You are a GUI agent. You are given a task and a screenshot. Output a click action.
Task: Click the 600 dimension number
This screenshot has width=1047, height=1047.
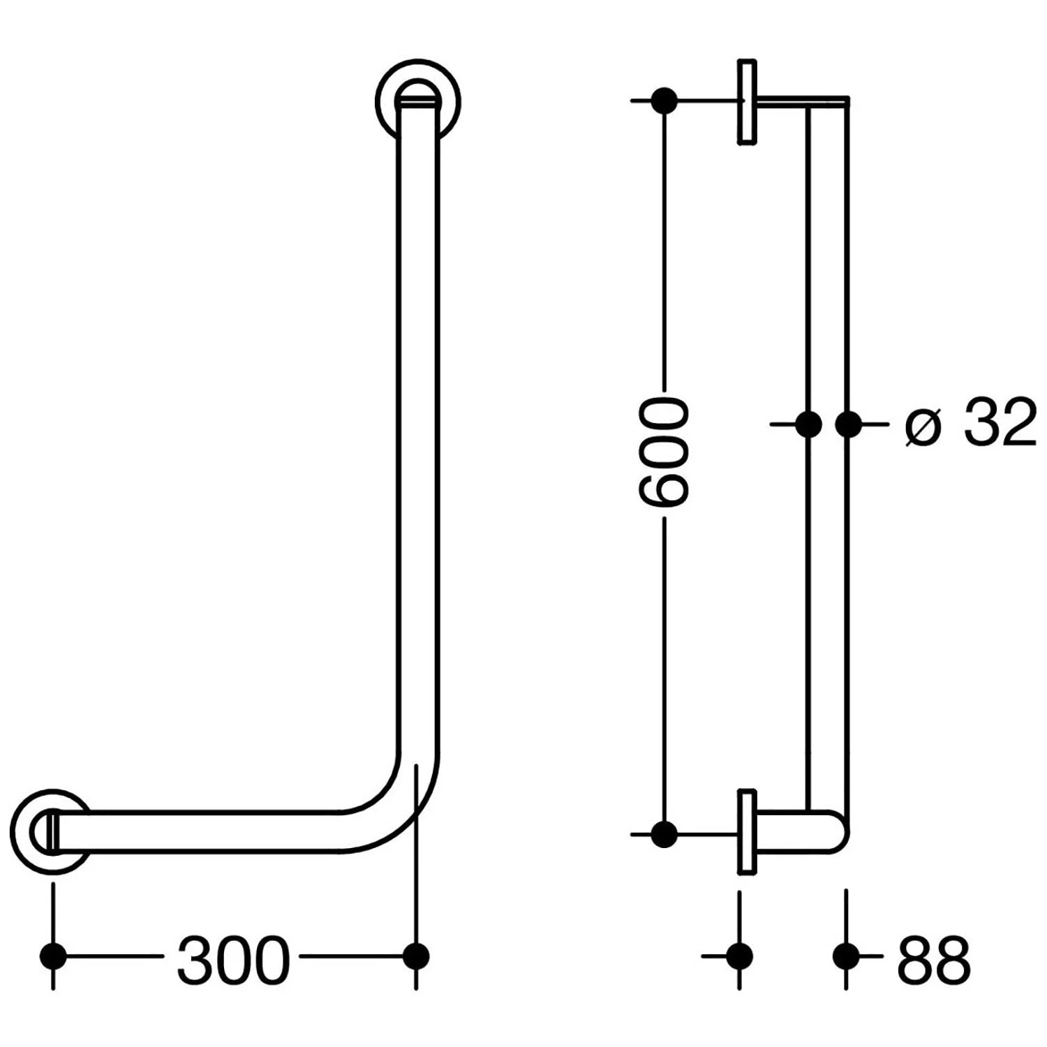point(664,452)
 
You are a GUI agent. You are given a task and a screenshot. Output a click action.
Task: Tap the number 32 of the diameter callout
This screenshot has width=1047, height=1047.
point(1000,424)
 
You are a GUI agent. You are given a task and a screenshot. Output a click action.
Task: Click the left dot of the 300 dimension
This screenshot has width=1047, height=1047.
point(54,956)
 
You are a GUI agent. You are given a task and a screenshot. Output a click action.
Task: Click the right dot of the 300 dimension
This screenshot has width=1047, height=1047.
point(417,956)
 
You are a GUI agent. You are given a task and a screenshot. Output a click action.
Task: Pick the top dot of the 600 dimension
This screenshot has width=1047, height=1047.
point(664,101)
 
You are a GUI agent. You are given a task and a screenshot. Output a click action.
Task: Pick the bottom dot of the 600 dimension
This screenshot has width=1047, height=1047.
point(664,833)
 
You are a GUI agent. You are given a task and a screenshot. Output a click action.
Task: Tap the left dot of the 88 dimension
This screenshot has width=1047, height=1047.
point(739,956)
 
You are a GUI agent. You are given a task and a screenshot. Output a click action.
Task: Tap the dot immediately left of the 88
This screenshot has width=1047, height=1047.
point(846,956)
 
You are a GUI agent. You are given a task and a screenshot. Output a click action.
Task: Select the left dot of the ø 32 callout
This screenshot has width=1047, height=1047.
point(808,424)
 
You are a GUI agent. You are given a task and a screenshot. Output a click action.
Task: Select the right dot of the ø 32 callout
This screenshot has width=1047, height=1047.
point(848,424)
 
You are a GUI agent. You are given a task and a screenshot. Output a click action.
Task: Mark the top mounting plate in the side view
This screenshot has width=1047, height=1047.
point(747,103)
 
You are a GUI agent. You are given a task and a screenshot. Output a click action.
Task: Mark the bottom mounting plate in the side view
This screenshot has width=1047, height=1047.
point(747,831)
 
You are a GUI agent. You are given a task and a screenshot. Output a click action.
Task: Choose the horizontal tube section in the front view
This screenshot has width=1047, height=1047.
point(209,832)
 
